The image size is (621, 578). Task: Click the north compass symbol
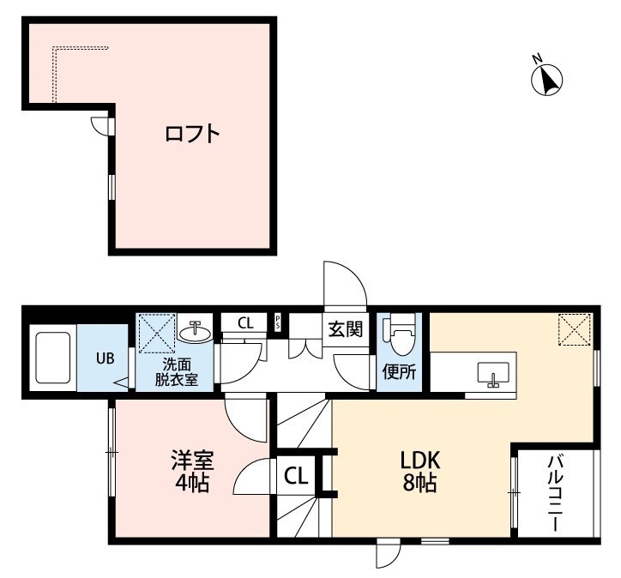[x=547, y=78]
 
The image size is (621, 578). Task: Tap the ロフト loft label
[x=192, y=135]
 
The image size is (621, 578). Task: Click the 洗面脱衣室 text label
[x=177, y=370]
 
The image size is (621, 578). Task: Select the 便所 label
[x=399, y=373]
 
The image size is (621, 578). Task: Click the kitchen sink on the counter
[x=491, y=374]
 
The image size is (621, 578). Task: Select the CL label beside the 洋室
[x=296, y=475]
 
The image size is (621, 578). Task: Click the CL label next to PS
[x=245, y=323]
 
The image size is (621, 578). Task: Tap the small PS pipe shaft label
[x=278, y=322]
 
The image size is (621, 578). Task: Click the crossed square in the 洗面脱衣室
[x=156, y=333]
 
